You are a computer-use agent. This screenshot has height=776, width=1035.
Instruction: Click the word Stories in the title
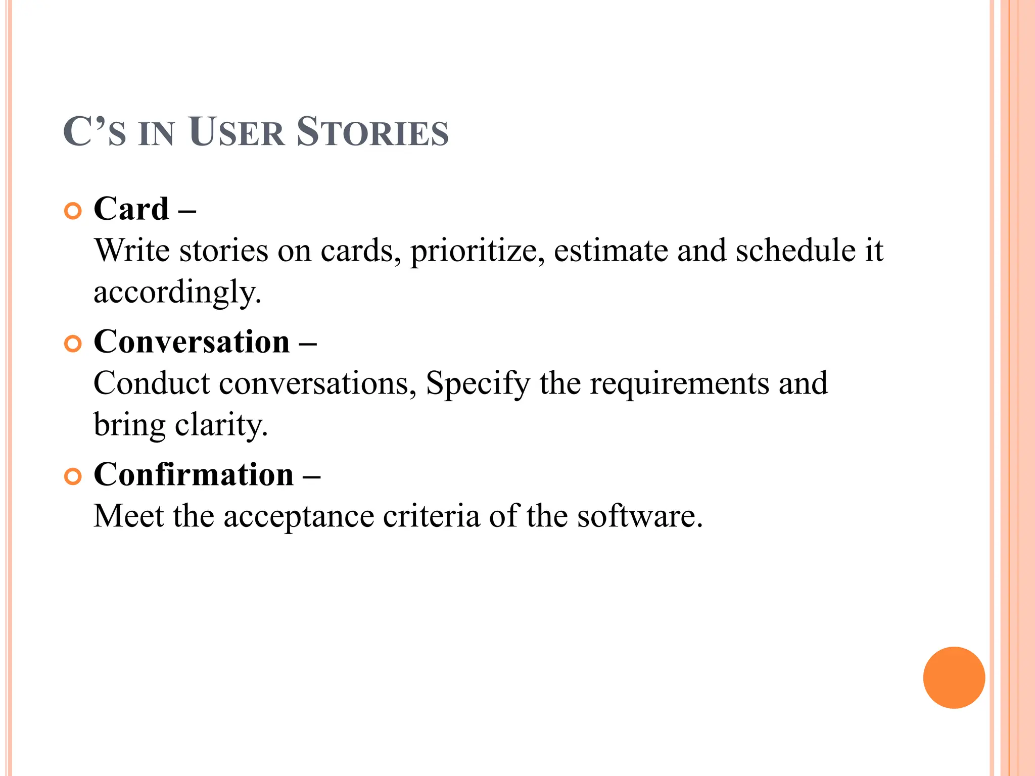click(372, 132)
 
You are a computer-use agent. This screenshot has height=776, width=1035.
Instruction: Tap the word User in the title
click(237, 132)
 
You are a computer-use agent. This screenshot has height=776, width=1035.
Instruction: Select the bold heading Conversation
click(192, 342)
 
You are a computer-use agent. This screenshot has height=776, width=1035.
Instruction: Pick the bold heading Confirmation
click(194, 474)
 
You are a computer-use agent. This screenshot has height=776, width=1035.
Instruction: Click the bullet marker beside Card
click(73, 211)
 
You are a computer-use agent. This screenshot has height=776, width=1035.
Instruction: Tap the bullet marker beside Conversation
click(73, 344)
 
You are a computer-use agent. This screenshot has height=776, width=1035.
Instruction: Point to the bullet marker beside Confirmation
click(73, 477)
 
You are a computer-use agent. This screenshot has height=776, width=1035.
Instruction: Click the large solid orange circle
click(954, 677)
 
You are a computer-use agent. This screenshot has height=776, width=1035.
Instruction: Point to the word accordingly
click(177, 293)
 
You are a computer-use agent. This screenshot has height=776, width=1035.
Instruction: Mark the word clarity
click(221, 425)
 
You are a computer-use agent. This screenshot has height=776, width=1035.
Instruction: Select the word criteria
click(432, 516)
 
